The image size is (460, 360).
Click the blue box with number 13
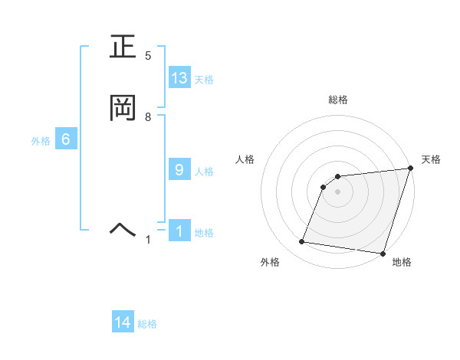(179, 78)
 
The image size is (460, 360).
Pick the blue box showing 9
(179, 170)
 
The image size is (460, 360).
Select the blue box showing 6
(66, 139)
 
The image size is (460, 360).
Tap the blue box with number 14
(123, 323)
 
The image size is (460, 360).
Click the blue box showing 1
(179, 231)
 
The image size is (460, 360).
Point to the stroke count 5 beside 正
(149, 56)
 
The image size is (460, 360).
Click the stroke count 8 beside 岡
(149, 116)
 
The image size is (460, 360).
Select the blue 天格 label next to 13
(204, 80)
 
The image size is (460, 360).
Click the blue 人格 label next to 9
(204, 172)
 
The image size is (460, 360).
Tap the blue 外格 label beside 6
(41, 141)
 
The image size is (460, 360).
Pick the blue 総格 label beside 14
(147, 325)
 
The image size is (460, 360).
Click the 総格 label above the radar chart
(338, 100)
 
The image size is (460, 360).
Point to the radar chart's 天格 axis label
(431, 159)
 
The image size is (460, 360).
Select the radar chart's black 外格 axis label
(270, 262)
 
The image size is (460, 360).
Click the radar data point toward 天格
(410, 169)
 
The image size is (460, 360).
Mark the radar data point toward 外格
(302, 242)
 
